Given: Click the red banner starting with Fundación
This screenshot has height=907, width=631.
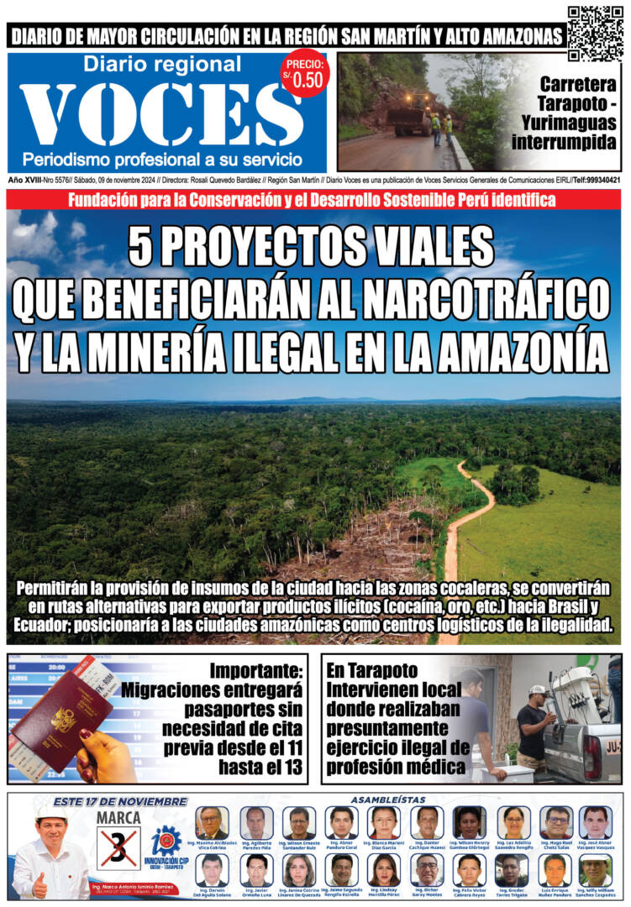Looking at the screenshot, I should click(x=314, y=200).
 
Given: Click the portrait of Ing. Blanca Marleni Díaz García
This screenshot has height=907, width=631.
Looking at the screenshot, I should click(x=383, y=823).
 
